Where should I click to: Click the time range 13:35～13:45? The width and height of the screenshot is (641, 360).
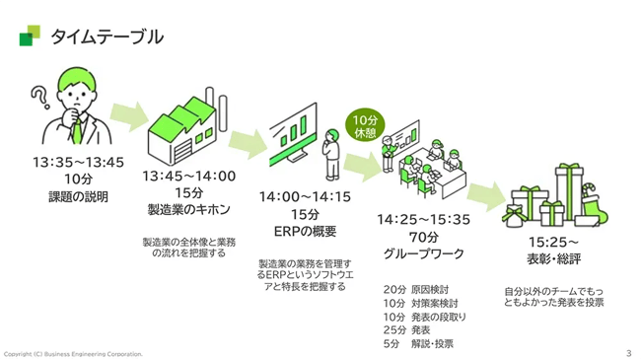(x=78, y=163)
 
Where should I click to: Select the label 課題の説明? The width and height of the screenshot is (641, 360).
(x=78, y=196)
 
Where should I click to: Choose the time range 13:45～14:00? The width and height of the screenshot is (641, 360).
(x=188, y=176)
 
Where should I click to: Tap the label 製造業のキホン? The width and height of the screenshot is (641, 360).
(x=188, y=209)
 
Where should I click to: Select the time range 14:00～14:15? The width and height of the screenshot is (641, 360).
(x=305, y=197)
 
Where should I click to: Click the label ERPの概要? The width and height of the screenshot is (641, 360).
(x=305, y=231)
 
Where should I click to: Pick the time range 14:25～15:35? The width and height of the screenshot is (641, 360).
(x=423, y=219)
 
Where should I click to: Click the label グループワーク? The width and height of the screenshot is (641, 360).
(x=423, y=252)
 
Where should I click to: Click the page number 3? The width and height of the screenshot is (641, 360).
(x=628, y=352)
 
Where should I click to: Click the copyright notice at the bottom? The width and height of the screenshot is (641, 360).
(x=74, y=353)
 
